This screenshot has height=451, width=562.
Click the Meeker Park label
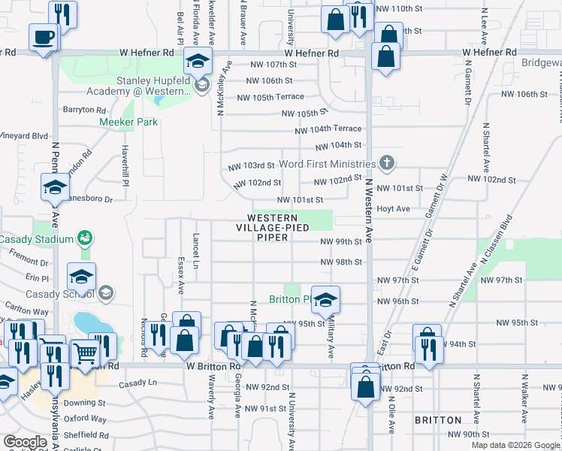pyautogui.click(x=128, y=122)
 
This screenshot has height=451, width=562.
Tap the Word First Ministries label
pyautogui.click(x=326, y=164)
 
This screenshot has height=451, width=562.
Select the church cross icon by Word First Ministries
pyautogui.click(x=386, y=163)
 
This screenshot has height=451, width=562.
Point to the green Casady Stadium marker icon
pyautogui.click(x=85, y=239)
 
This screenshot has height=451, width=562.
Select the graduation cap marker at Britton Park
pyautogui.click(x=325, y=300)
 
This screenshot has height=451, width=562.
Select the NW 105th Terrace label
pyautogui.click(x=270, y=97)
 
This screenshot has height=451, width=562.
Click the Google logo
pyautogui.click(x=25, y=442)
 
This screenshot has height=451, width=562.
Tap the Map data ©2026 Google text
pyautogui.click(x=515, y=445)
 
